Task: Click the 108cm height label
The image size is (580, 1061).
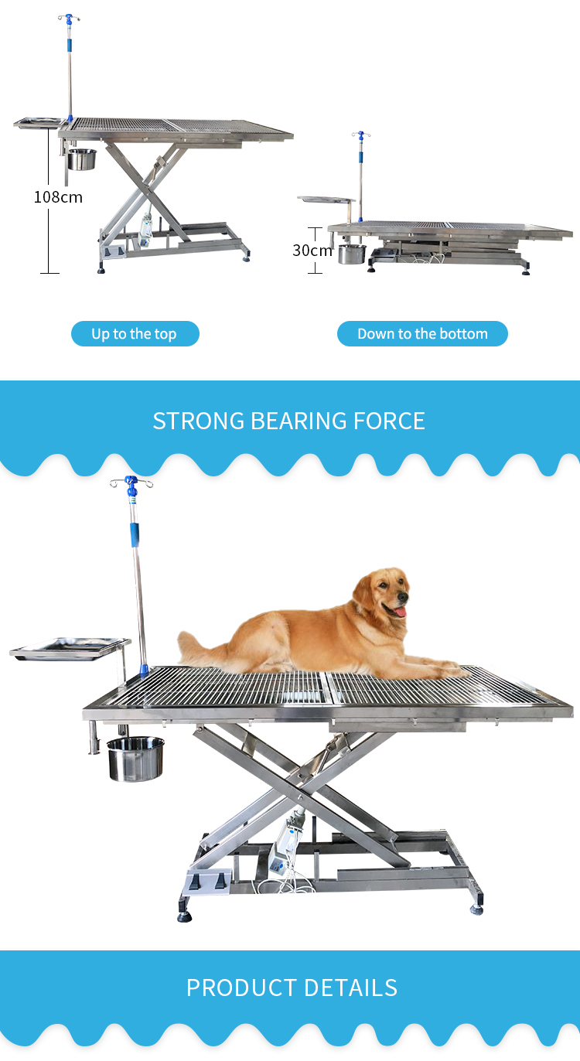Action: pyautogui.click(x=58, y=197)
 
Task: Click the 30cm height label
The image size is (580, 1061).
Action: pyautogui.click(x=312, y=250)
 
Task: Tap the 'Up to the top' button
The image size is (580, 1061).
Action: pyautogui.click(x=135, y=333)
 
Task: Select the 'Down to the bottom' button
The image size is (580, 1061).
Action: pyautogui.click(x=422, y=333)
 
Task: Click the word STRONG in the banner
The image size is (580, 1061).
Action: pyautogui.click(x=199, y=421)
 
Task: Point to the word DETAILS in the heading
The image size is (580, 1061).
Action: pyautogui.click(x=350, y=988)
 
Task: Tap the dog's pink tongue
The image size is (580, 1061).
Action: pyautogui.click(x=400, y=612)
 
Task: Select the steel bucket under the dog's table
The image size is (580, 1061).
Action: pyautogui.click(x=135, y=758)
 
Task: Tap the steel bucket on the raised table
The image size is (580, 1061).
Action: pyautogui.click(x=81, y=159)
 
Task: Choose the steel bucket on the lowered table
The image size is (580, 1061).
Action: pyautogui.click(x=352, y=254)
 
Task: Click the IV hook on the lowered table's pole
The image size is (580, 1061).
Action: pyautogui.click(x=360, y=135)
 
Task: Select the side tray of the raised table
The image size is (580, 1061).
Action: pyautogui.click(x=39, y=123)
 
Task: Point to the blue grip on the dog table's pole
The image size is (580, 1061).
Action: pyautogui.click(x=135, y=535)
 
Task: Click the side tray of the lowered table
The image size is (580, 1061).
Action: pyautogui.click(x=326, y=200)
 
